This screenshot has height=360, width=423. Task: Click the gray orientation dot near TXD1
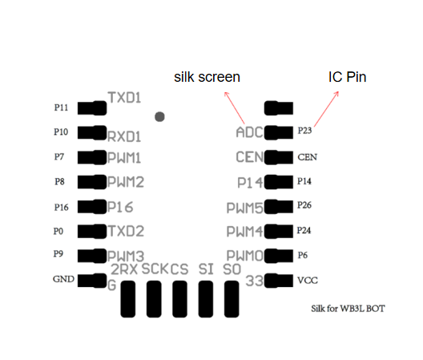click(x=159, y=117)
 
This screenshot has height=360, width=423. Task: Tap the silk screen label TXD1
click(x=124, y=98)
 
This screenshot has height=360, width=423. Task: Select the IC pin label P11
click(x=61, y=107)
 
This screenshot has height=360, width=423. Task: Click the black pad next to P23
click(x=279, y=132)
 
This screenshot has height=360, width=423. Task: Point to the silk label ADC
click(x=249, y=132)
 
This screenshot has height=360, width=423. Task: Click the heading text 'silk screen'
click(x=207, y=77)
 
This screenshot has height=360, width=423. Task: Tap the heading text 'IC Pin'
click(x=347, y=77)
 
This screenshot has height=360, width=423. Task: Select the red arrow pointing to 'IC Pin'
click(x=326, y=109)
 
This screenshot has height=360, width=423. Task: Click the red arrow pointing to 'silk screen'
click(x=234, y=107)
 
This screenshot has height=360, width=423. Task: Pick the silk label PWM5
click(x=244, y=208)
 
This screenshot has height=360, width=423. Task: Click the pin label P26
click(x=304, y=205)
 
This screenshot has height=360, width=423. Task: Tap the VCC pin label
click(x=308, y=281)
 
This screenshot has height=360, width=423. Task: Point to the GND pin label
click(x=63, y=279)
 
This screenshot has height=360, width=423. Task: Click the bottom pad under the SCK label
click(x=154, y=299)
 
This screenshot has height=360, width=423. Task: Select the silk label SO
click(x=232, y=269)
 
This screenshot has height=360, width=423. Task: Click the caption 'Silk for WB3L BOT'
click(x=348, y=309)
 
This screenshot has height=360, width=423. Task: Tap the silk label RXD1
click(x=124, y=136)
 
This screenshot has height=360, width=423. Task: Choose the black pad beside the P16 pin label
click(x=92, y=207)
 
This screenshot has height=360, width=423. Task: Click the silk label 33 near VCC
click(x=255, y=281)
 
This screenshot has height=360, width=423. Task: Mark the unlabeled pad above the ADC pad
click(x=279, y=108)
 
